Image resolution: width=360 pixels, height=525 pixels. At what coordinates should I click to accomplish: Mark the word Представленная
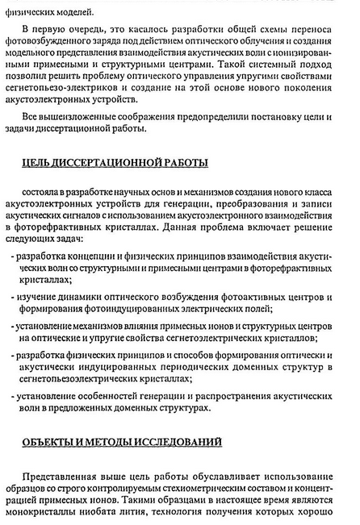61,476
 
